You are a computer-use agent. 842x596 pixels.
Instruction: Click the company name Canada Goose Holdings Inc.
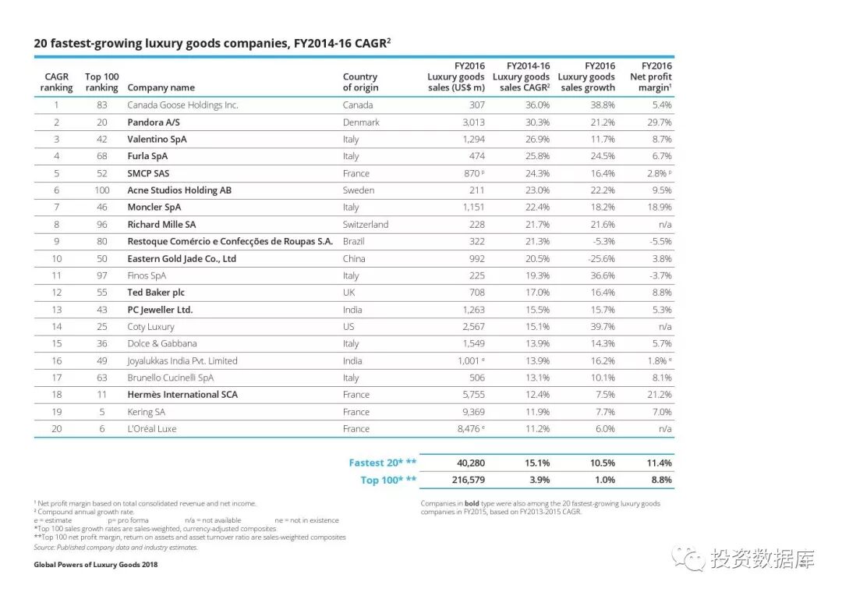pyautogui.click(x=182, y=105)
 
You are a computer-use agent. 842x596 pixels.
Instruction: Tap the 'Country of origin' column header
pyautogui.click(x=360, y=82)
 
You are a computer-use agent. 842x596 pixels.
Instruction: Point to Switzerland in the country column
pyautogui.click(x=365, y=225)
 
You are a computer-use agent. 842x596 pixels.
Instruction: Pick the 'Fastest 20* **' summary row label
pyautogui.click(x=382, y=463)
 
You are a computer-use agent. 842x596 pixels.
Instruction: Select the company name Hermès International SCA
pyautogui.click(x=182, y=395)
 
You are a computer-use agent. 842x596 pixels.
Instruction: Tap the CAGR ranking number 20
pyautogui.click(x=56, y=429)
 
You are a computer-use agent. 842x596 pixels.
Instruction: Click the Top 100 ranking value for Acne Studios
pyautogui.click(x=102, y=190)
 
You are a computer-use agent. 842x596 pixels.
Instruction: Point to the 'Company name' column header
pyautogui.click(x=161, y=87)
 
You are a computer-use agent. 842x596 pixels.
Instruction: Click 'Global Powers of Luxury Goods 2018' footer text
pyautogui.click(x=96, y=565)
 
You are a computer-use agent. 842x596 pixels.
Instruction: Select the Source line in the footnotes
pyautogui.click(x=116, y=547)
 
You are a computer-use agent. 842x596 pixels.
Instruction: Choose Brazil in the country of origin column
pyautogui.click(x=353, y=242)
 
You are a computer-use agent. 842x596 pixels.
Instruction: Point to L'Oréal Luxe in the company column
pyautogui.click(x=152, y=429)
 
